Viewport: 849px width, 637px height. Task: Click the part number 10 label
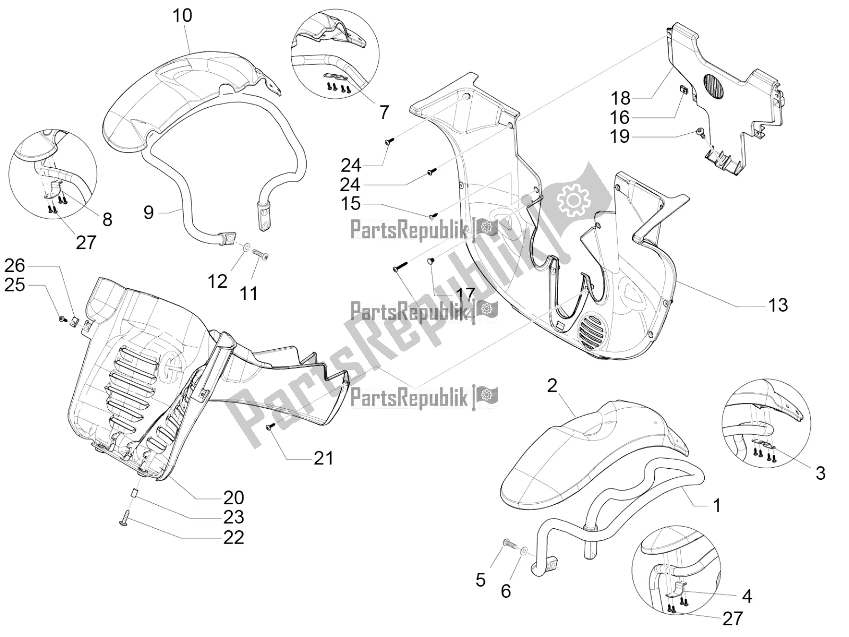click(181, 15)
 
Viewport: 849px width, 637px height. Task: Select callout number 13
click(778, 305)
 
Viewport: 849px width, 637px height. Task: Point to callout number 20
click(233, 497)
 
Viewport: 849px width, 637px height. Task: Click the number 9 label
click(149, 213)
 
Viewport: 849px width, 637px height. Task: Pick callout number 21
click(323, 457)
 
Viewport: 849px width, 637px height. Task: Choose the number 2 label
click(552, 385)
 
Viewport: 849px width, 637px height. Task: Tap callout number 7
click(384, 112)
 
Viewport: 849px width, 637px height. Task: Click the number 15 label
click(351, 204)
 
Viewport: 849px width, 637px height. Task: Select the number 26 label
click(15, 265)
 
